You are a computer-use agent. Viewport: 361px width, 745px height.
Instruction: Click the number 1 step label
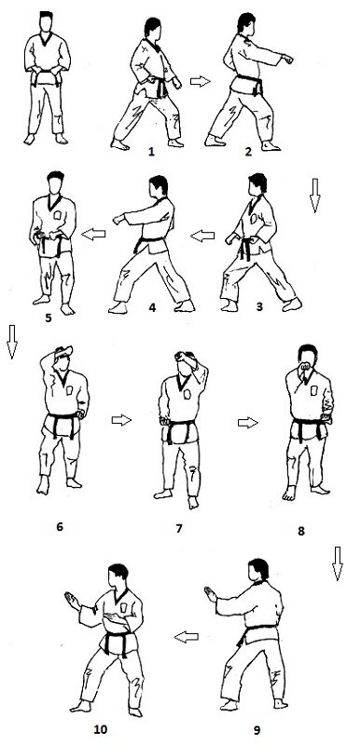pos(151,152)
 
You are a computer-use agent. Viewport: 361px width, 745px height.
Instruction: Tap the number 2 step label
pos(248,152)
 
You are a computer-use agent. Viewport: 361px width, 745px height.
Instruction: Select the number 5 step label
pos(49,318)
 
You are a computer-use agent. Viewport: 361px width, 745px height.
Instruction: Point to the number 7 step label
pos(179,528)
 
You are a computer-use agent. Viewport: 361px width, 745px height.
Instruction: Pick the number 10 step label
pos(101,729)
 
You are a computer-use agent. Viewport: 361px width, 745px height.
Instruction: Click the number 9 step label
pos(257,729)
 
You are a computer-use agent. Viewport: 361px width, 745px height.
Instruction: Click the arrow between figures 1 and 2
pos(201,81)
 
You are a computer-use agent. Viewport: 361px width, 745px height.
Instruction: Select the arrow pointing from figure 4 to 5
pos(93,234)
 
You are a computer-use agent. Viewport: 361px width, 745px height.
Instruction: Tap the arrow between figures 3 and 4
pos(202,236)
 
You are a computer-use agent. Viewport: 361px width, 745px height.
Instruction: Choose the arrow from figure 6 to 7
pos(121,420)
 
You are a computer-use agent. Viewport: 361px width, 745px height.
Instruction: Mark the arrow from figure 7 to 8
pos(248,423)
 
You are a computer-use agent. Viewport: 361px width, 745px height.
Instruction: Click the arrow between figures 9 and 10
pos(187,637)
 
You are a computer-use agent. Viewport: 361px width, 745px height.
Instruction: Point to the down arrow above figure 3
pos(314,196)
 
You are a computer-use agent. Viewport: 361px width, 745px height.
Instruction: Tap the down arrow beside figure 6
pos(12,342)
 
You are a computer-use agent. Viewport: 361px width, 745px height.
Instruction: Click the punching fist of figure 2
pos(287,60)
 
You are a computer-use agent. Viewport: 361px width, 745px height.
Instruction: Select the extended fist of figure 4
pos(118,220)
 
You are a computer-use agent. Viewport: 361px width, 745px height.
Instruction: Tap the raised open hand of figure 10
pos(73,601)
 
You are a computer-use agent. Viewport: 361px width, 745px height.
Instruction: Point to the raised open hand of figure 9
pos(210,594)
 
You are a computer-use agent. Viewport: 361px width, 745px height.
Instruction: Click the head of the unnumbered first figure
pos(46,21)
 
